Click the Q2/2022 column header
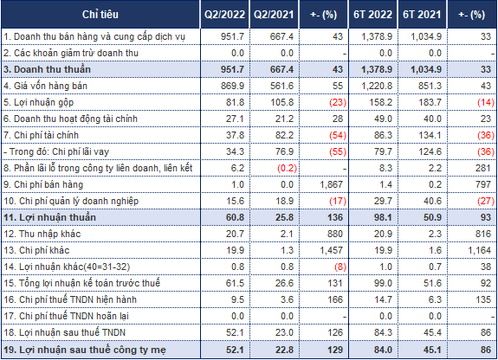(224, 15)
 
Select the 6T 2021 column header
(422, 15)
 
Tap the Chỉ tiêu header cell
(100, 15)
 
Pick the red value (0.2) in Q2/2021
(288, 168)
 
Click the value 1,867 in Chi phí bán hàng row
(331, 185)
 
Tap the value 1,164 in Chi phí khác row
(479, 250)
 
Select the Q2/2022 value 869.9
(232, 86)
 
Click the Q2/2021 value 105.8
(281, 102)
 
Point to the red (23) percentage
(338, 102)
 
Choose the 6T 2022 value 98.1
(383, 217)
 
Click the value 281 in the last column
(483, 168)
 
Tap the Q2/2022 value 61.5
(235, 283)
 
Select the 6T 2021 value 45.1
(432, 350)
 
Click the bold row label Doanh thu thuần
(47, 69)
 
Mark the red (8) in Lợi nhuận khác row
(340, 267)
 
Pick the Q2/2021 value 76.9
(284, 151)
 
